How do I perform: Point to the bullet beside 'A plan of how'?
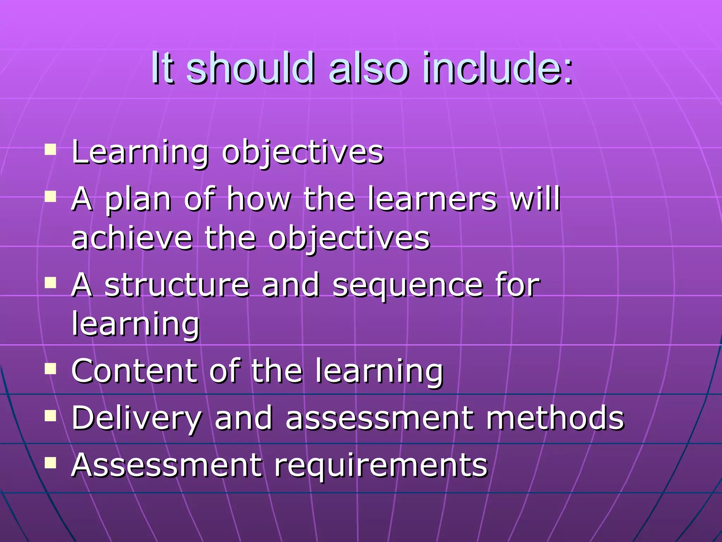click(51, 197)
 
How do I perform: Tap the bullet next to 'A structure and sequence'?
click(51, 282)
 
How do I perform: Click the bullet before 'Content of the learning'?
click(51, 368)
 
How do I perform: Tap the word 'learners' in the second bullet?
click(432, 199)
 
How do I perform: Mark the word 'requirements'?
click(381, 466)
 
